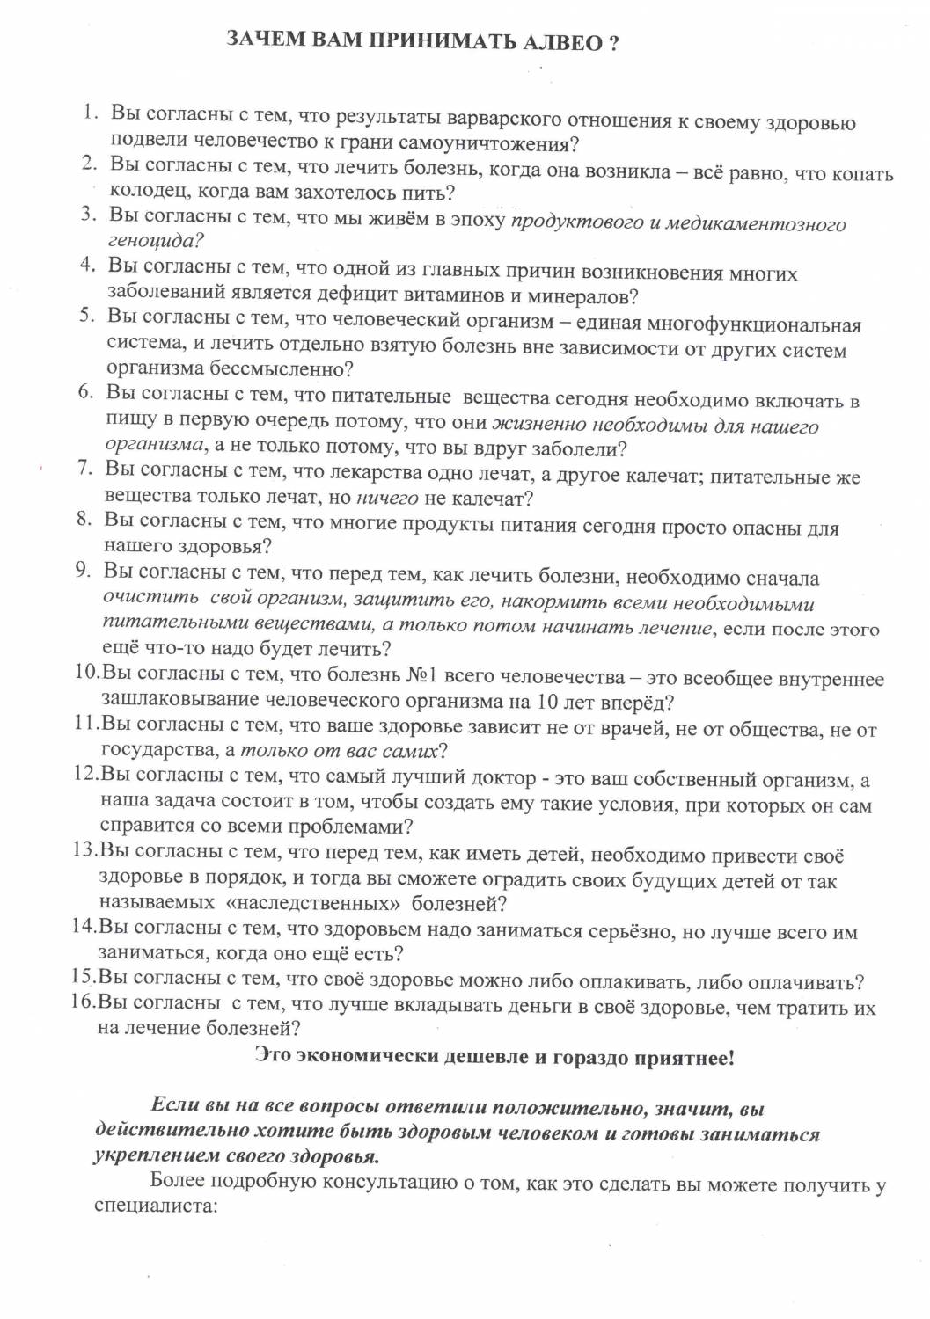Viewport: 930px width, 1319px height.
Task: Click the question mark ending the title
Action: [613, 43]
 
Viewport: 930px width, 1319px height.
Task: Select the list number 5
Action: [86, 315]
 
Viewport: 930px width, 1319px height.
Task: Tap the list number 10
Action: [86, 672]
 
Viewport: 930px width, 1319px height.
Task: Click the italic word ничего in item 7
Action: [387, 499]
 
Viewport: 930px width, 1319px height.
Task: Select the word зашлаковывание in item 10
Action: [179, 700]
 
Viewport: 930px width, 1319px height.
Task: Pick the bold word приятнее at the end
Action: [685, 1057]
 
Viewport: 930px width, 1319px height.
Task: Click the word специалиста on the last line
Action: [155, 1205]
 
